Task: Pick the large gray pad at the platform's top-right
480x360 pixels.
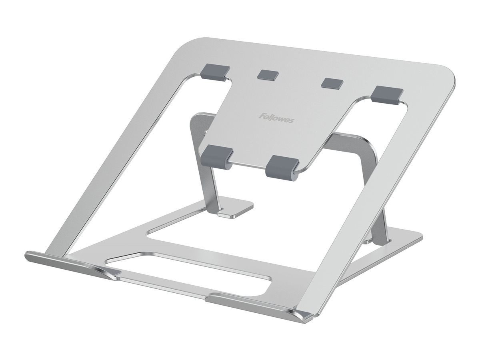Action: [386, 94]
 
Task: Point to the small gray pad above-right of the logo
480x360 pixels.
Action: [332, 83]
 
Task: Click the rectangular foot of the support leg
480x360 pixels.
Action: [236, 210]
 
